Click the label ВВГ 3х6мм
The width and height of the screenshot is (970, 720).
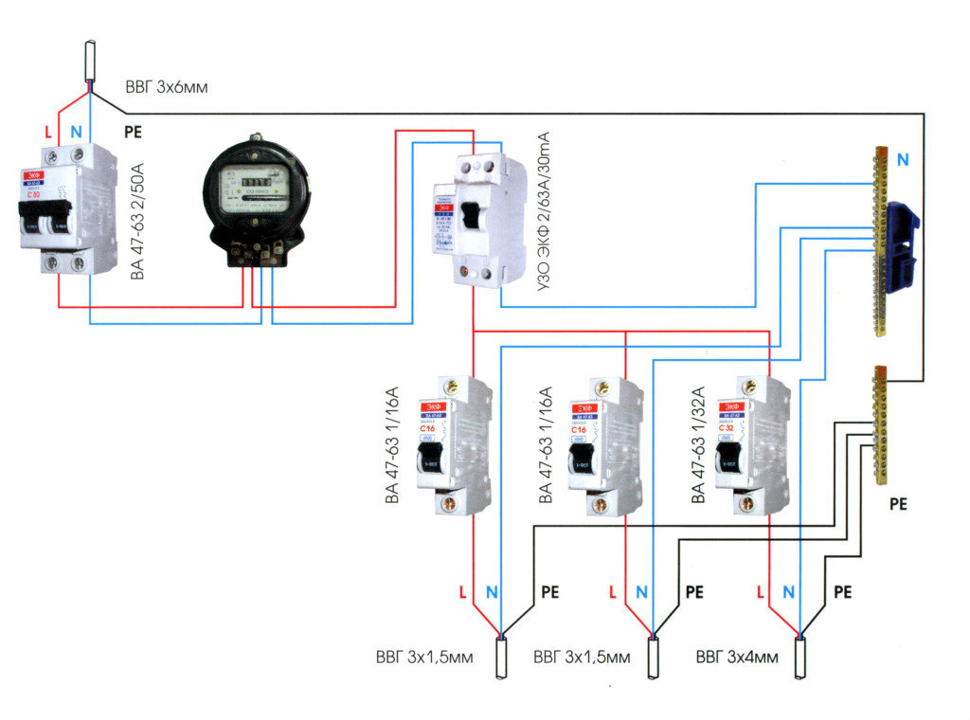(166, 87)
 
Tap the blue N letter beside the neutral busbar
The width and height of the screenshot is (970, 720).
(902, 160)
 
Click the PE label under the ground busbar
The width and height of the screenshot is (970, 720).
(898, 504)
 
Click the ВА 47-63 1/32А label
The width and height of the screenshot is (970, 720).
(699, 444)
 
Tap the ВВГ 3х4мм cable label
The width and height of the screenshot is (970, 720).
(737, 657)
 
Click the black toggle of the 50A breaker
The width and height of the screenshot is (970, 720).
(46, 221)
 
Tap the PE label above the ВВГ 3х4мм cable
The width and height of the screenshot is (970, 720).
(842, 592)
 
